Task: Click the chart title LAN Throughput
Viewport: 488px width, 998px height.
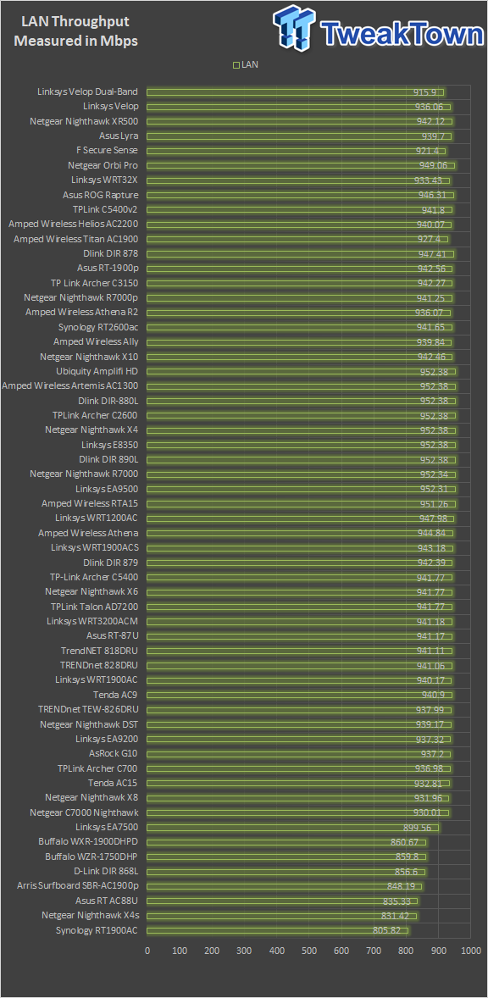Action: click(76, 22)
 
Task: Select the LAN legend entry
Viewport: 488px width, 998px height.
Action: click(246, 64)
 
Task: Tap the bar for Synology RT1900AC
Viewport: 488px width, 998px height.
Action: click(277, 930)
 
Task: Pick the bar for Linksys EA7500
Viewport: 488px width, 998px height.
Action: click(292, 828)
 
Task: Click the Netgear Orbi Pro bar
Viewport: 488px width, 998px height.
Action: click(300, 165)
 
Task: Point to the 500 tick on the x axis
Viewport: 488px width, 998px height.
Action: click(309, 951)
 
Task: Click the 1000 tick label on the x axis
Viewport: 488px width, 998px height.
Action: click(470, 951)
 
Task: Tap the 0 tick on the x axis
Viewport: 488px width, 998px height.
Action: click(147, 951)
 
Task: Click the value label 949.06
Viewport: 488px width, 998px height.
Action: click(433, 165)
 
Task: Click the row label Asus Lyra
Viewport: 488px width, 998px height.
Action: click(119, 136)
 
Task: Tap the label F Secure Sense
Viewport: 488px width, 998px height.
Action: click(107, 151)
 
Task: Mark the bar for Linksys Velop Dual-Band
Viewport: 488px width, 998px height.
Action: click(295, 92)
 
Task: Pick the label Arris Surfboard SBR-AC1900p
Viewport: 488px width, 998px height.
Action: click(78, 887)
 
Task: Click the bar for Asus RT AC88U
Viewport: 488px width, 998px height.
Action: click(282, 901)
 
